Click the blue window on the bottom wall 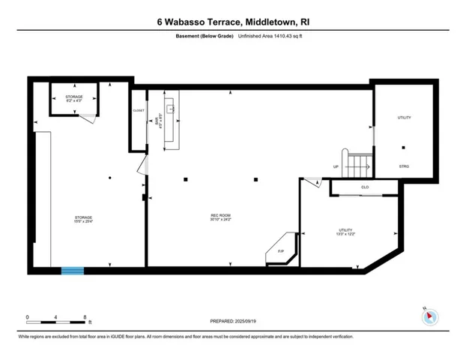pos(73,270)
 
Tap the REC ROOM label pos(220,218)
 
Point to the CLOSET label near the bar pos(138,110)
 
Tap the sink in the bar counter pos(172,109)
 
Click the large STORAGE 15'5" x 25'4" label pos(83,220)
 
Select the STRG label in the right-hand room pos(405,166)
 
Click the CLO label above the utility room pos(365,187)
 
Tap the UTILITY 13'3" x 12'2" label pos(345,232)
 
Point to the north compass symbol pos(429,316)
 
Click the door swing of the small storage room pos(89,116)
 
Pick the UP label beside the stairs pos(336,166)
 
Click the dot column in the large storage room pos(109,178)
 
